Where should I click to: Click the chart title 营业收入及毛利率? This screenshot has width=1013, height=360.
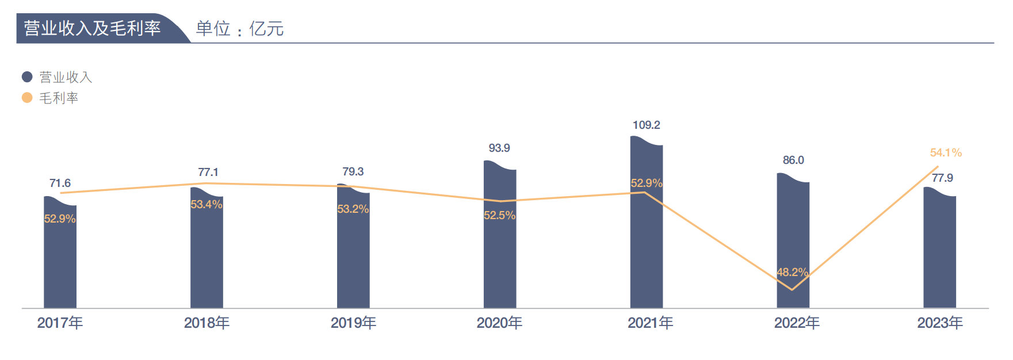[92, 28]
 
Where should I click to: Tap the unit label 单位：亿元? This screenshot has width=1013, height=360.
[239, 29]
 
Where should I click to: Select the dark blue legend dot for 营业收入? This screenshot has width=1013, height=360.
[27, 76]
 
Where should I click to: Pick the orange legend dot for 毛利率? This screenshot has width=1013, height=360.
[27, 98]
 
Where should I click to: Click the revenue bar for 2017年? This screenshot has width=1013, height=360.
[60, 259]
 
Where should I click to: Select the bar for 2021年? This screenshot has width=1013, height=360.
[646, 242]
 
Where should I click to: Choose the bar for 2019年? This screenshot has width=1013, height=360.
[353, 253]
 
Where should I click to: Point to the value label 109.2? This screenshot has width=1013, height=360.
[646, 125]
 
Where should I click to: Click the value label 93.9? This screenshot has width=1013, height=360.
[499, 148]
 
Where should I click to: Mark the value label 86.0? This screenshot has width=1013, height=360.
[793, 160]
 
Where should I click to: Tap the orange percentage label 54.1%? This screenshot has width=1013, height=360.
[946, 152]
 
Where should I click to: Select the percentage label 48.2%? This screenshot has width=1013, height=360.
[792, 272]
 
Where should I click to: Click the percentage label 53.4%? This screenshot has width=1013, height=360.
[207, 204]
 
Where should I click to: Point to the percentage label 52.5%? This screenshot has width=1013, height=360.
[499, 215]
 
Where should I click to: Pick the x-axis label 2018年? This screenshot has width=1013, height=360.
[207, 323]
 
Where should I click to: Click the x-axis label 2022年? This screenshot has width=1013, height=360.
[797, 323]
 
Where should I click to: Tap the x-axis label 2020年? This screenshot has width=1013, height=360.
[499, 323]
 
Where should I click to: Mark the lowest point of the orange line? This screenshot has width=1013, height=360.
[792, 289]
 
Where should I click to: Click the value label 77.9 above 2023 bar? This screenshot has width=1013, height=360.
[942, 178]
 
